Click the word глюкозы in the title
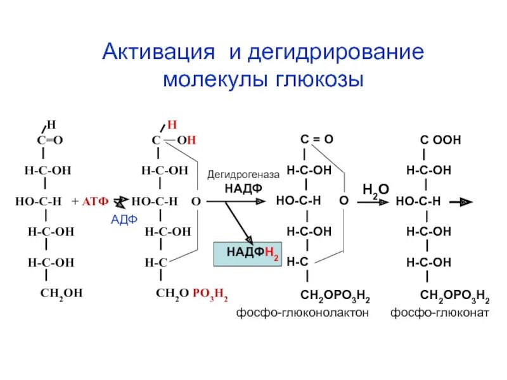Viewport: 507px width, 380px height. (x=321, y=81)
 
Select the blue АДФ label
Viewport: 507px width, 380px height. (x=124, y=220)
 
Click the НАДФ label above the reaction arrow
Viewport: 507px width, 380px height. (x=243, y=188)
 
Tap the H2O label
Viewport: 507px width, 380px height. (x=375, y=189)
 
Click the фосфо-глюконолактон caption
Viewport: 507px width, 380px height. (x=302, y=312)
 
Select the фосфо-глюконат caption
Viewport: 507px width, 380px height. (x=439, y=312)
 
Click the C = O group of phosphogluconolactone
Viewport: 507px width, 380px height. (x=316, y=139)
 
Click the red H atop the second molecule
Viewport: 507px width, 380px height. (x=172, y=124)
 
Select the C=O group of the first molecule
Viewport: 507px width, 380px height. (x=50, y=141)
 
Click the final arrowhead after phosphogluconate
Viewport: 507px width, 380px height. (x=466, y=201)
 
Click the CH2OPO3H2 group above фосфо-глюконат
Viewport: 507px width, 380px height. (x=454, y=296)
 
